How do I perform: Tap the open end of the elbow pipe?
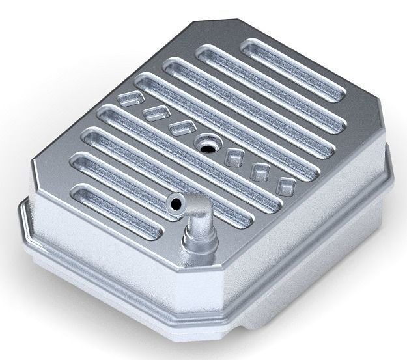pyautogui.click(x=175, y=204)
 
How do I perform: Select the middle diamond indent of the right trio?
pyautogui.click(x=260, y=171)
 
